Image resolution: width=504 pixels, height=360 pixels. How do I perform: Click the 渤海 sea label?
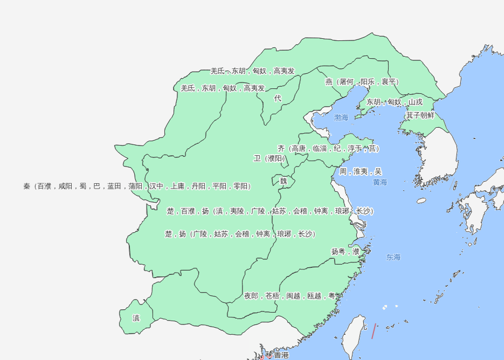click(341, 117)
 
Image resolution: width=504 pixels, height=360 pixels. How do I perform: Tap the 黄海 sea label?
click(380, 183)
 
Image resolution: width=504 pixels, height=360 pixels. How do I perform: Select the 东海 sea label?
click(393, 257)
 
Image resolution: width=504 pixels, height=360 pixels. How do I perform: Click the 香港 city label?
click(281, 355)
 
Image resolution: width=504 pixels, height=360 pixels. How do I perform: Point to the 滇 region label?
click(136, 318)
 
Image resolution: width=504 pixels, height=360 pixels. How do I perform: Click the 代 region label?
click(278, 98)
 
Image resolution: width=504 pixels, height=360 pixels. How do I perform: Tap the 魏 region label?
click(284, 181)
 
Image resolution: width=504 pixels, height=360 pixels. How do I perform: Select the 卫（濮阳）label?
click(269, 158)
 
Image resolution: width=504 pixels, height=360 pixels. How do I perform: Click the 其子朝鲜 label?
click(420, 115)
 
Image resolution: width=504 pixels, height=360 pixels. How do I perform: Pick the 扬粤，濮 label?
click(346, 251)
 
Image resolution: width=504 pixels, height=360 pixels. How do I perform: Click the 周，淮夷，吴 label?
click(361, 171)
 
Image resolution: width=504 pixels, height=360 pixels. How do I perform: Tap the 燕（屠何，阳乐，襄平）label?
click(362, 82)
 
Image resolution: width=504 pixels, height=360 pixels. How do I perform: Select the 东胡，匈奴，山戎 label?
click(395, 102)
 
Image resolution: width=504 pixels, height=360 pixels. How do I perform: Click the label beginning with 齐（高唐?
click(328, 148)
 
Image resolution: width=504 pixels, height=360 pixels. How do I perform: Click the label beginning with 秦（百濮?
click(137, 186)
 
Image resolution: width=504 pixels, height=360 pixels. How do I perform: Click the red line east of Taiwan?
click(373, 331)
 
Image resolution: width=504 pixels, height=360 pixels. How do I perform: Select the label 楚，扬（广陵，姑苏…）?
click(240, 234)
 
